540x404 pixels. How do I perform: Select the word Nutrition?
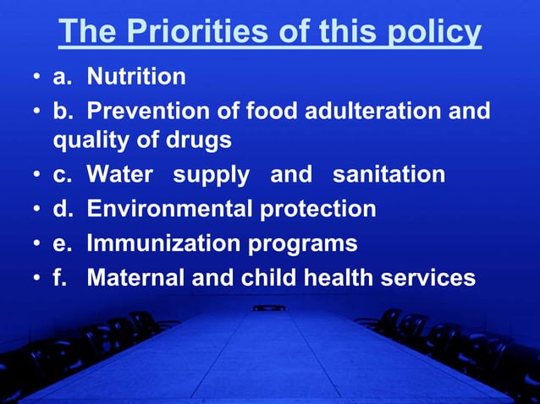136,77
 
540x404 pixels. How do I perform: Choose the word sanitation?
388,175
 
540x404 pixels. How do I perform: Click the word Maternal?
136,277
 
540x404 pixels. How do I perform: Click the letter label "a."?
62,77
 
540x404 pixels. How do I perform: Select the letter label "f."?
59,277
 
